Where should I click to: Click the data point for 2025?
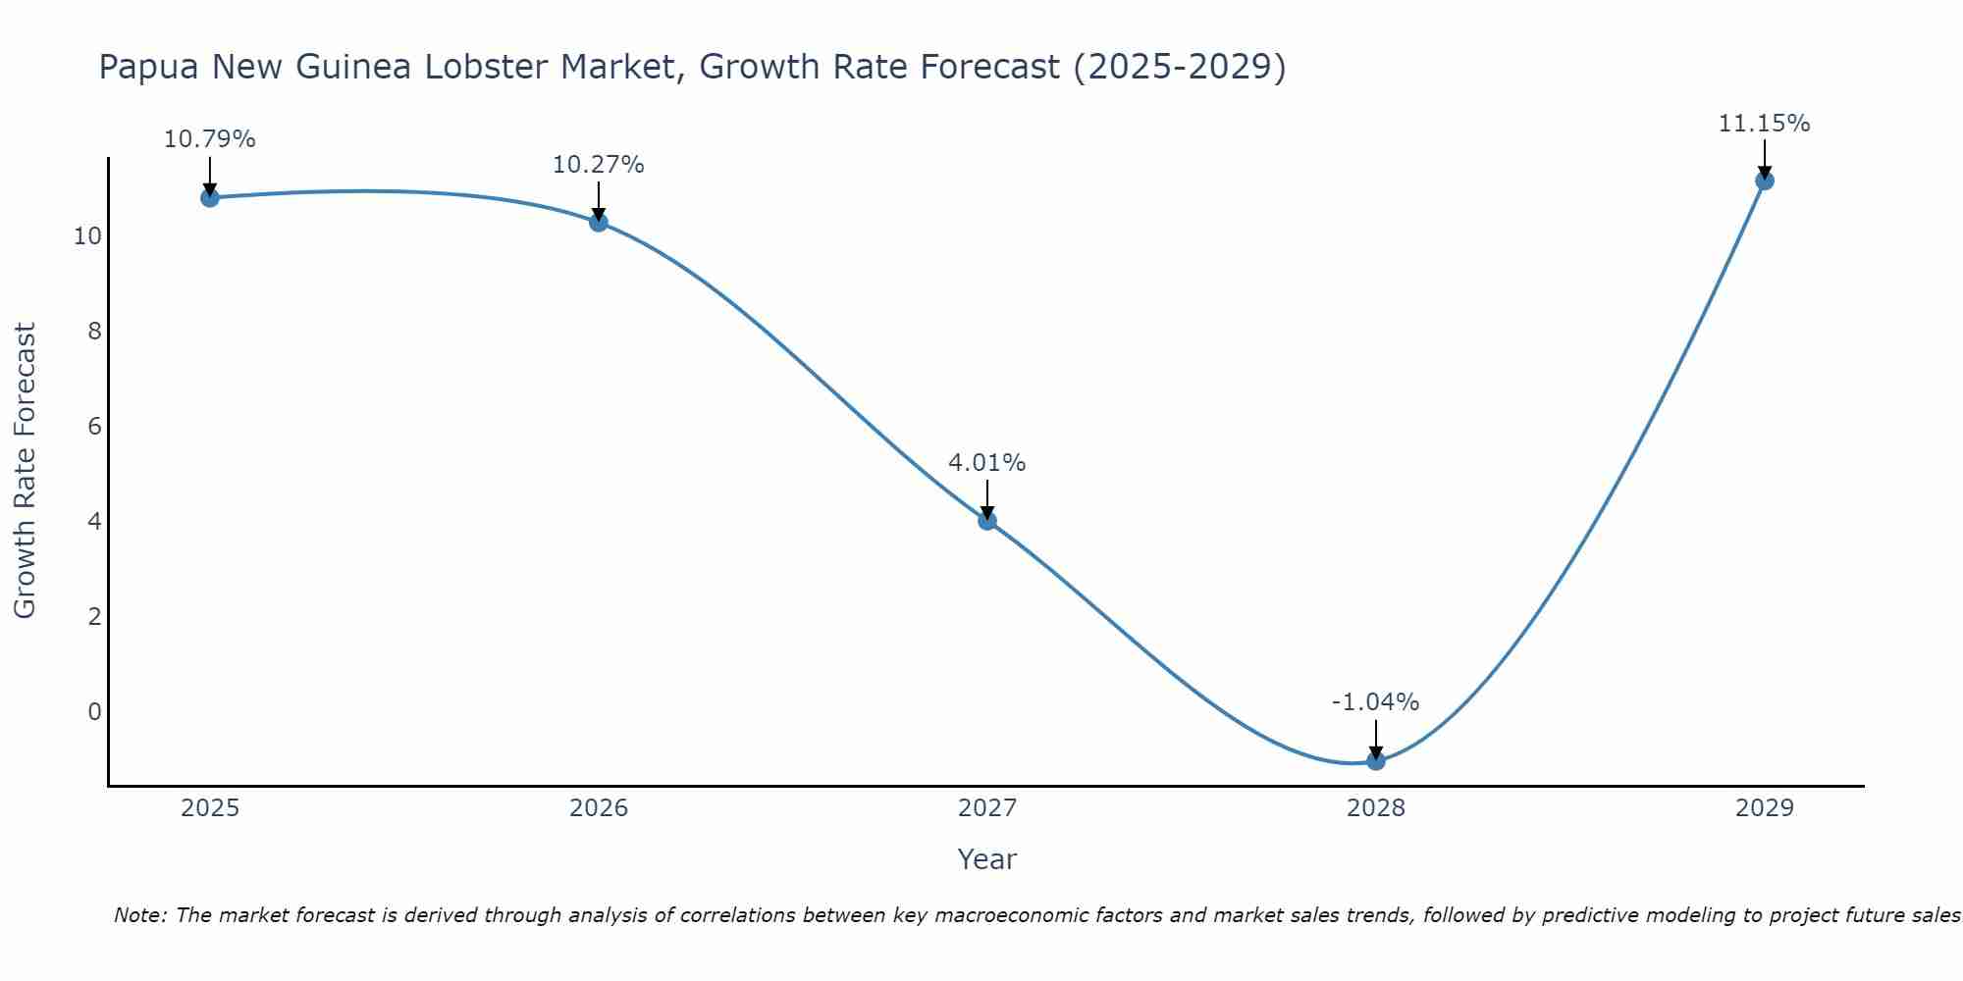coord(210,197)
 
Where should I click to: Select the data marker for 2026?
coord(599,222)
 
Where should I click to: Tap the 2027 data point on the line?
coord(987,520)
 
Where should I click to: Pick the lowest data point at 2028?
coord(1376,760)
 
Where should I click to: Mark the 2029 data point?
coord(1765,181)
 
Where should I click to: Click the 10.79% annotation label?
coord(210,139)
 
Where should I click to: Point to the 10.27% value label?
coord(599,165)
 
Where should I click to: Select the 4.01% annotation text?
coord(987,463)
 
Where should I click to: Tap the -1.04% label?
coord(1376,702)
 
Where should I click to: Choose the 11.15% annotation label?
coord(1765,124)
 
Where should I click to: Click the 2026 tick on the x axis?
coord(599,808)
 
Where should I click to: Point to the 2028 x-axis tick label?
coord(1376,808)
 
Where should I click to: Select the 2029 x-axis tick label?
coord(1765,808)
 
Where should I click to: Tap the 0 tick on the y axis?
coord(94,711)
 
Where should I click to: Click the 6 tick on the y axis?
coord(94,426)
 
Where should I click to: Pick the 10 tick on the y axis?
coord(88,236)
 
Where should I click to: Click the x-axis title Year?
coord(987,859)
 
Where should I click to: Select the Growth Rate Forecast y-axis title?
coord(25,470)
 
